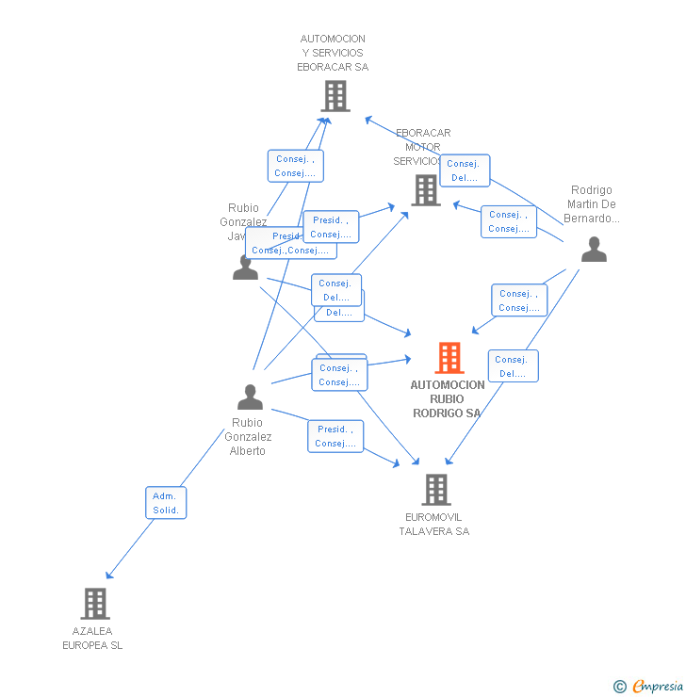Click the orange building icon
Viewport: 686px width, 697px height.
click(x=449, y=358)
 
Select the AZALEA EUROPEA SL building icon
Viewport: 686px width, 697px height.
click(x=95, y=604)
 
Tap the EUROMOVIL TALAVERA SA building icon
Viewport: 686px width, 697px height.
click(x=435, y=490)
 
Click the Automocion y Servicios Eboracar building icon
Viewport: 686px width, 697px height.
click(x=335, y=96)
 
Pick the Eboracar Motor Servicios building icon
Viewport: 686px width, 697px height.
click(x=426, y=191)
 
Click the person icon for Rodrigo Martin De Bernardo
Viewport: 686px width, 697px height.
click(x=594, y=250)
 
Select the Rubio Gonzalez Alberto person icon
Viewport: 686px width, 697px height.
click(x=250, y=397)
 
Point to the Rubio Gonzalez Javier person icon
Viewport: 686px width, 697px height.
click(x=245, y=267)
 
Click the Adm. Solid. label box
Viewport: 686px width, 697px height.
click(x=166, y=503)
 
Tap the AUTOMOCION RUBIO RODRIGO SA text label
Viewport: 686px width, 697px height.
click(x=448, y=399)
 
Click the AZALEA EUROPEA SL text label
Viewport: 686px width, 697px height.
click(x=92, y=639)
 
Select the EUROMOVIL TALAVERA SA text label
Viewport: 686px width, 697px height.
click(x=433, y=525)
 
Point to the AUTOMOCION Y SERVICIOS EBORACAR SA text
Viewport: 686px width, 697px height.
click(x=333, y=54)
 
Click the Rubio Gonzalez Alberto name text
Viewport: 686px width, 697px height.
click(x=248, y=437)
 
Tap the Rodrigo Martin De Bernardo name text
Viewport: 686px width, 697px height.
click(x=592, y=204)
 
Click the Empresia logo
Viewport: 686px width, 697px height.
click(x=657, y=687)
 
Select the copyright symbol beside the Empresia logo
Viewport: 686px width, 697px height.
click(x=619, y=687)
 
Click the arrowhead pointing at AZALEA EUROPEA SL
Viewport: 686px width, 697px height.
click(x=109, y=575)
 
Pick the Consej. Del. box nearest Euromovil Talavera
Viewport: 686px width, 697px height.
click(x=514, y=365)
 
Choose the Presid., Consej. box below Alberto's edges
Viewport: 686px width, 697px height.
click(x=335, y=436)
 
